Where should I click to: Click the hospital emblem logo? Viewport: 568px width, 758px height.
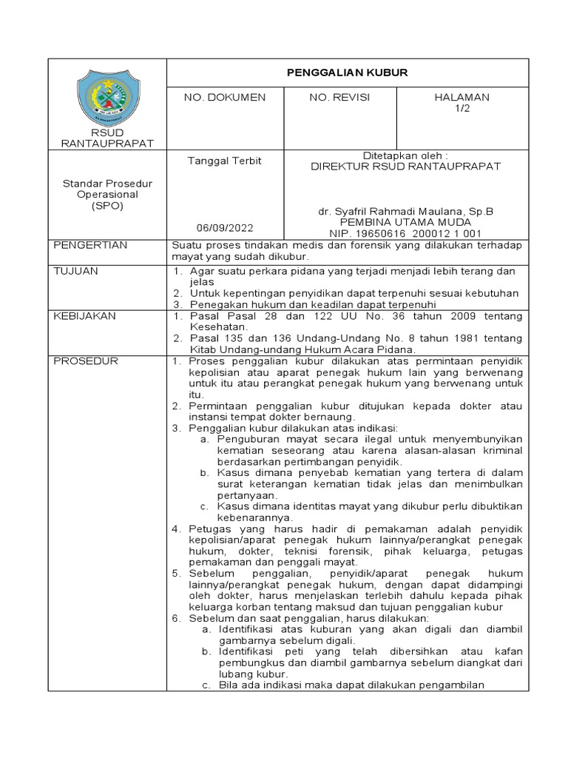click(107, 95)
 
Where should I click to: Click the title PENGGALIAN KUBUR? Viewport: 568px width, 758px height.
click(347, 73)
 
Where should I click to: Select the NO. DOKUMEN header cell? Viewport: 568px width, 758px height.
click(224, 98)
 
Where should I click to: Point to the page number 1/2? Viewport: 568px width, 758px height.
click(462, 108)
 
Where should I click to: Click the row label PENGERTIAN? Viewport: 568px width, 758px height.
click(91, 245)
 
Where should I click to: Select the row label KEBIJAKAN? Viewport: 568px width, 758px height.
click(85, 316)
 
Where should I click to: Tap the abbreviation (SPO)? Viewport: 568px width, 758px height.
click(107, 206)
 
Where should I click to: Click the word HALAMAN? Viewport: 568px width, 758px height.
click(462, 98)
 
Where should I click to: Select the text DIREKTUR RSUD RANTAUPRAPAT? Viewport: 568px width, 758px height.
click(405, 167)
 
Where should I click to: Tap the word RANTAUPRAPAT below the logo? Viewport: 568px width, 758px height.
click(107, 143)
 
